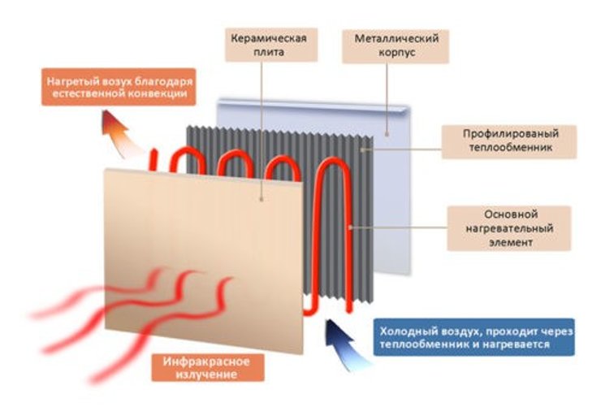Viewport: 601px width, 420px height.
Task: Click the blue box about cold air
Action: [474, 338]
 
